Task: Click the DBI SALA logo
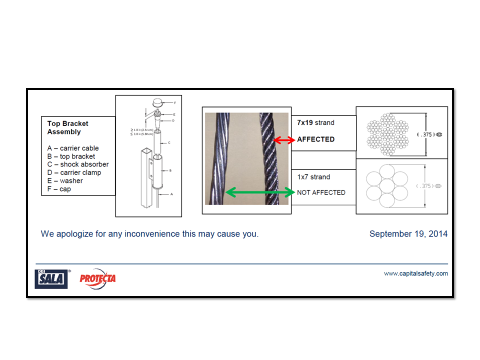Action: point(51,278)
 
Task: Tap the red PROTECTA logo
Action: point(97,278)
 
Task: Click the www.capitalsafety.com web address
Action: point(415,273)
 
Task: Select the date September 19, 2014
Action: point(408,234)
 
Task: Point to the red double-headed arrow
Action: point(284,140)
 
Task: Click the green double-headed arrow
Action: point(259,192)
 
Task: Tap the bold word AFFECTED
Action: point(315,139)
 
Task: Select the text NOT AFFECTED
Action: point(321,192)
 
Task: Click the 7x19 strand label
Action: point(315,122)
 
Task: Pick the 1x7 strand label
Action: point(313,177)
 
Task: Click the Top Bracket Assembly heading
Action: point(67,127)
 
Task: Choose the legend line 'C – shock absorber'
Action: point(78,164)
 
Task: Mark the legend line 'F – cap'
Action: point(59,189)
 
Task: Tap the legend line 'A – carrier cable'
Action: point(73,148)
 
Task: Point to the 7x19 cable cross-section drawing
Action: point(387,134)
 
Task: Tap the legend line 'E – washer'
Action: point(65,180)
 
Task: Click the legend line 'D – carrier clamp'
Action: point(74,172)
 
